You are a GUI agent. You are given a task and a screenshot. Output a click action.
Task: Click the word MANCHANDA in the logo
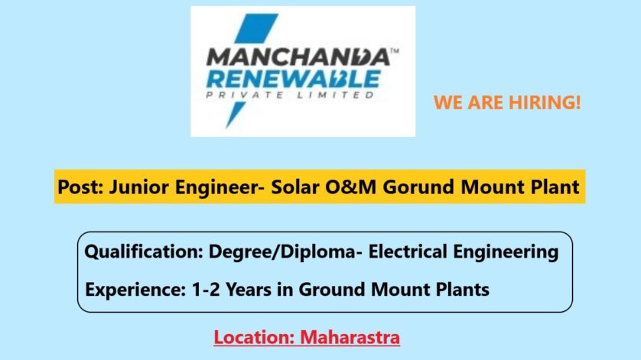point(298,57)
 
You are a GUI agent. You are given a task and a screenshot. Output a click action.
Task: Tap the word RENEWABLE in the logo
point(294,79)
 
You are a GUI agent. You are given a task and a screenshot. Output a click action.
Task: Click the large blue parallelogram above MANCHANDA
point(256,28)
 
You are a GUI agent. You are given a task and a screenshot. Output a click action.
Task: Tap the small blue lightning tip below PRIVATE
point(235,115)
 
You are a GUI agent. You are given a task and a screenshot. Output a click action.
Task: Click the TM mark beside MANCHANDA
point(395,51)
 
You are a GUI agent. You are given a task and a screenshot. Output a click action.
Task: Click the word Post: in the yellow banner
point(80,187)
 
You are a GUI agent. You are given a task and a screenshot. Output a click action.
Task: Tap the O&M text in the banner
point(351,187)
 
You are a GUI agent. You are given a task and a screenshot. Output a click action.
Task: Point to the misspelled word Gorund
point(418,187)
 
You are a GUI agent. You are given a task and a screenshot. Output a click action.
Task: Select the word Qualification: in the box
point(144,251)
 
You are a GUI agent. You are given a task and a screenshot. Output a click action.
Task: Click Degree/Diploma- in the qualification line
point(285,251)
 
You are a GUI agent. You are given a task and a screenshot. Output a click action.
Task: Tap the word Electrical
point(408,251)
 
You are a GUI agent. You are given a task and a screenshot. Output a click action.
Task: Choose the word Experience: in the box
point(135,290)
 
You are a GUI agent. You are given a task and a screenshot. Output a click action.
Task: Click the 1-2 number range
point(206,290)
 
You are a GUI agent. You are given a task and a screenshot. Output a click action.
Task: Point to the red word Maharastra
point(350,338)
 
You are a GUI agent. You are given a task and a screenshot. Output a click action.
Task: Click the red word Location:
point(254,338)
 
